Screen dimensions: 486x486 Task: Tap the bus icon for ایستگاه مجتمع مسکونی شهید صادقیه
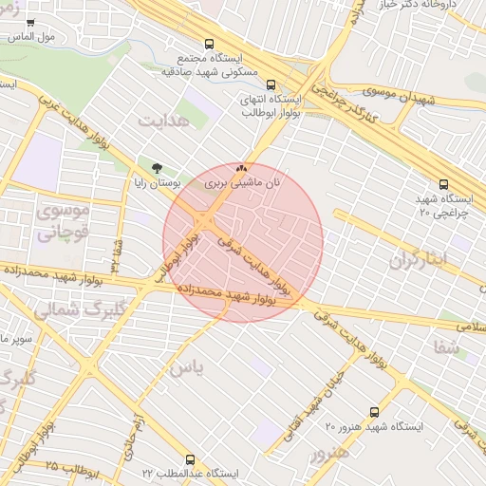(x=210, y=44)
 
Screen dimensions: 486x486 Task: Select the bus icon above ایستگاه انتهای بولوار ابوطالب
(x=272, y=84)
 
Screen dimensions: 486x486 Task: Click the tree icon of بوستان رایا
(x=158, y=167)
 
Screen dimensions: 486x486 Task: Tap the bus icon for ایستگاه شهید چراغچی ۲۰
(x=443, y=184)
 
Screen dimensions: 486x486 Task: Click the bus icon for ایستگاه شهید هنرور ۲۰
(x=374, y=412)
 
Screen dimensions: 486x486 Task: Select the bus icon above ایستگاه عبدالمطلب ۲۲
(x=191, y=459)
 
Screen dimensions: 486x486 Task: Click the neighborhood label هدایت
(x=164, y=121)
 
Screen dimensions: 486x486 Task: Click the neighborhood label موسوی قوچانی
(x=63, y=219)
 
